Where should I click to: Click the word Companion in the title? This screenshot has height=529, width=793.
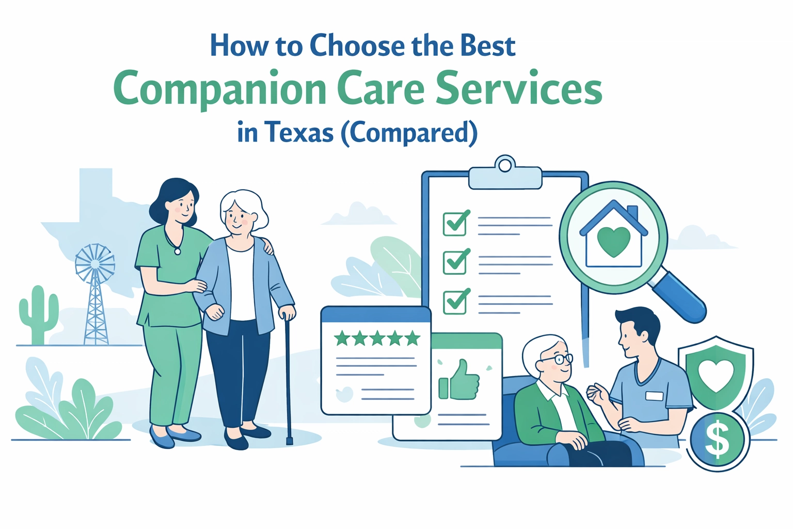click(220, 89)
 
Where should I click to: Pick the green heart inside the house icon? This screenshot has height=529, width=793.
click(613, 241)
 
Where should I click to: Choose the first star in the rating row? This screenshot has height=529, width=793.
click(342, 339)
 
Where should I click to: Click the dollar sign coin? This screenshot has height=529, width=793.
click(717, 441)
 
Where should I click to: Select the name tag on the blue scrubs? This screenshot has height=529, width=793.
click(654, 396)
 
